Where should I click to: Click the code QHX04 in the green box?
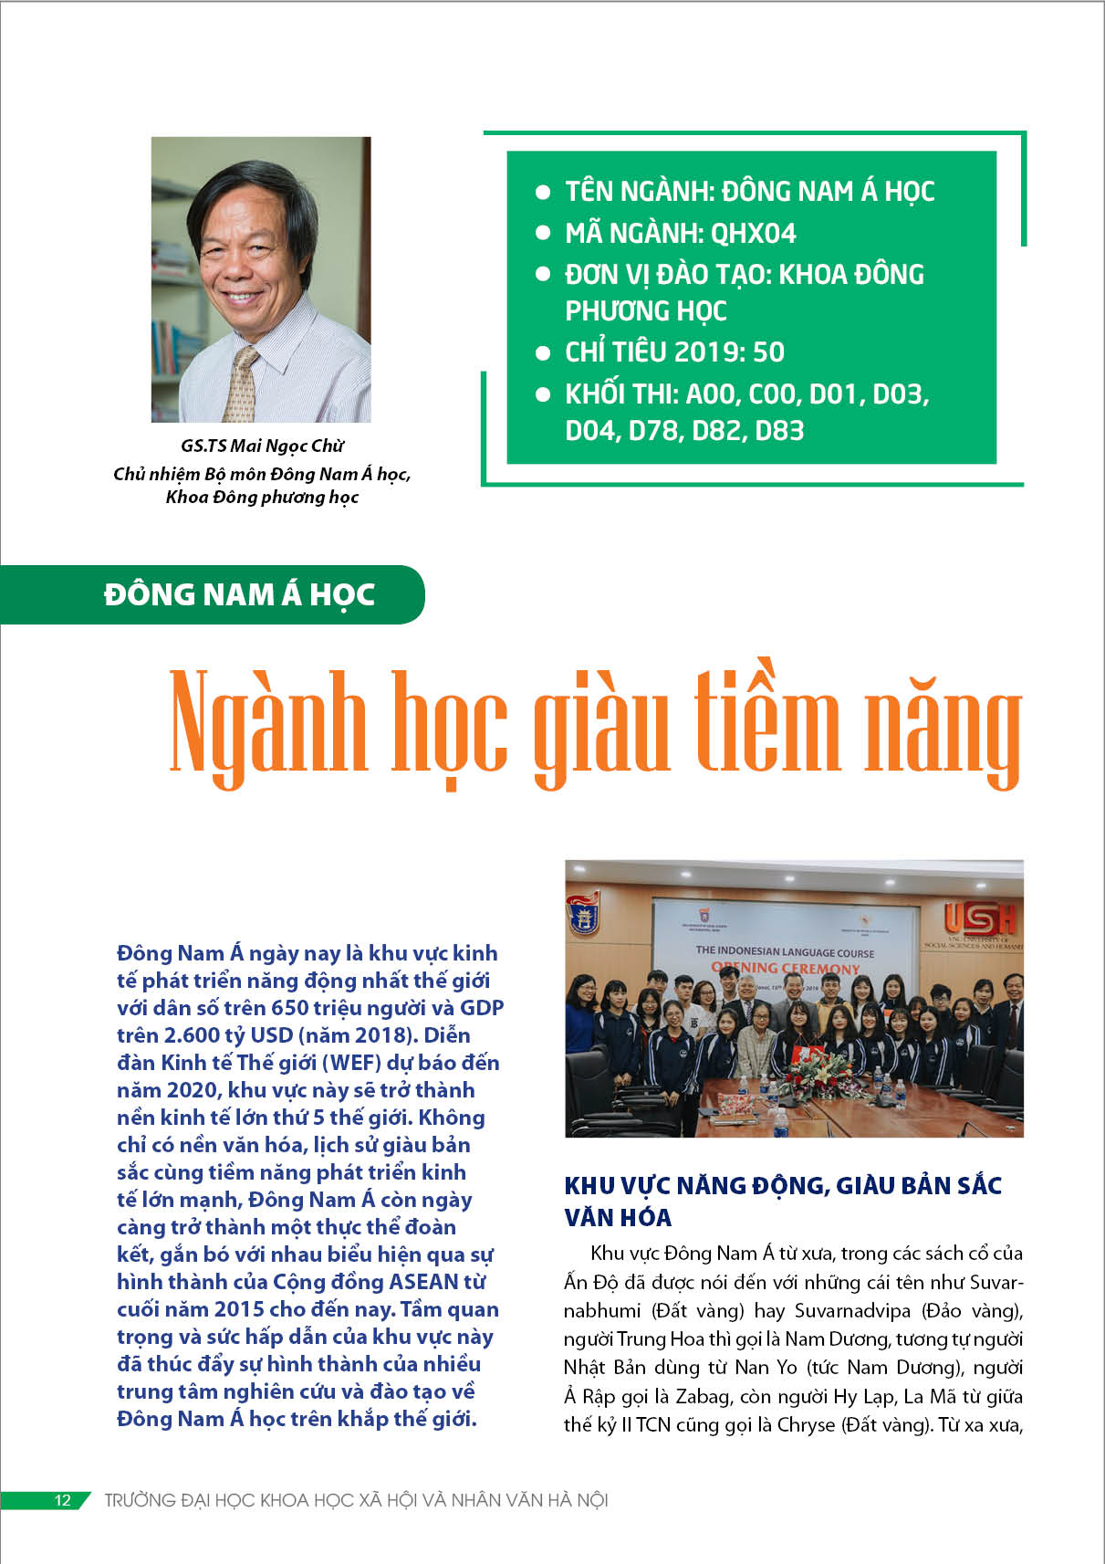753,234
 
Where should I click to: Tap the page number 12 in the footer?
62,1500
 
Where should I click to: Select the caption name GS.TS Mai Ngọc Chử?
262,446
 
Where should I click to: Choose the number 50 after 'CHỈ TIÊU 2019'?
768,352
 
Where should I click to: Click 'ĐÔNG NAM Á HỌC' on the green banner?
239,594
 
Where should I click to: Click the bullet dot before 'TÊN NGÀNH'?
543,192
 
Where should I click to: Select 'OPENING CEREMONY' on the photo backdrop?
786,968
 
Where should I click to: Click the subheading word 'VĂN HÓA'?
618,1218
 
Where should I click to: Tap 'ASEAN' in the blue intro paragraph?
425,1282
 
